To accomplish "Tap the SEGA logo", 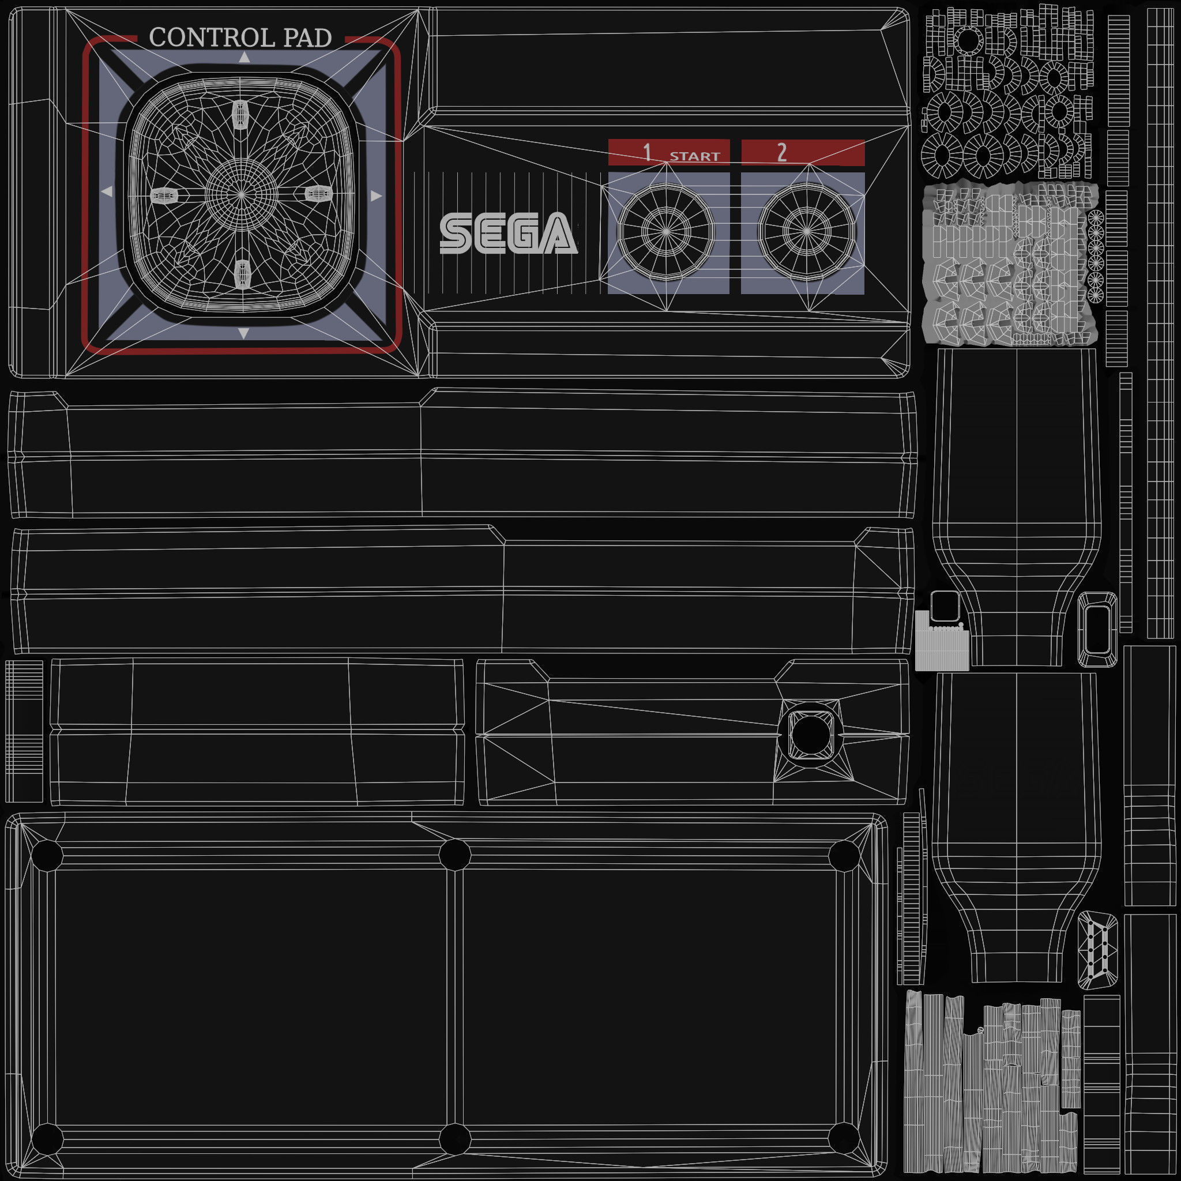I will click(508, 233).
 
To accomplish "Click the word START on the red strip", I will click(694, 156).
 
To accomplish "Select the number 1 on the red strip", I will click(647, 152).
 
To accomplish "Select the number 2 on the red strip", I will click(782, 152).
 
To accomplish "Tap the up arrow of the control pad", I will click(245, 58).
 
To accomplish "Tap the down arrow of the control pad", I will click(244, 333).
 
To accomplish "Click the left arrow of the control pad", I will click(107, 192).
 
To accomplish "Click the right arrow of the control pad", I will click(376, 195).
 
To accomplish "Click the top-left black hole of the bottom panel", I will click(47, 855).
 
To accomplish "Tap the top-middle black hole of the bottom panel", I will click(454, 854).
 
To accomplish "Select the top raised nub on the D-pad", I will click(241, 114).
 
